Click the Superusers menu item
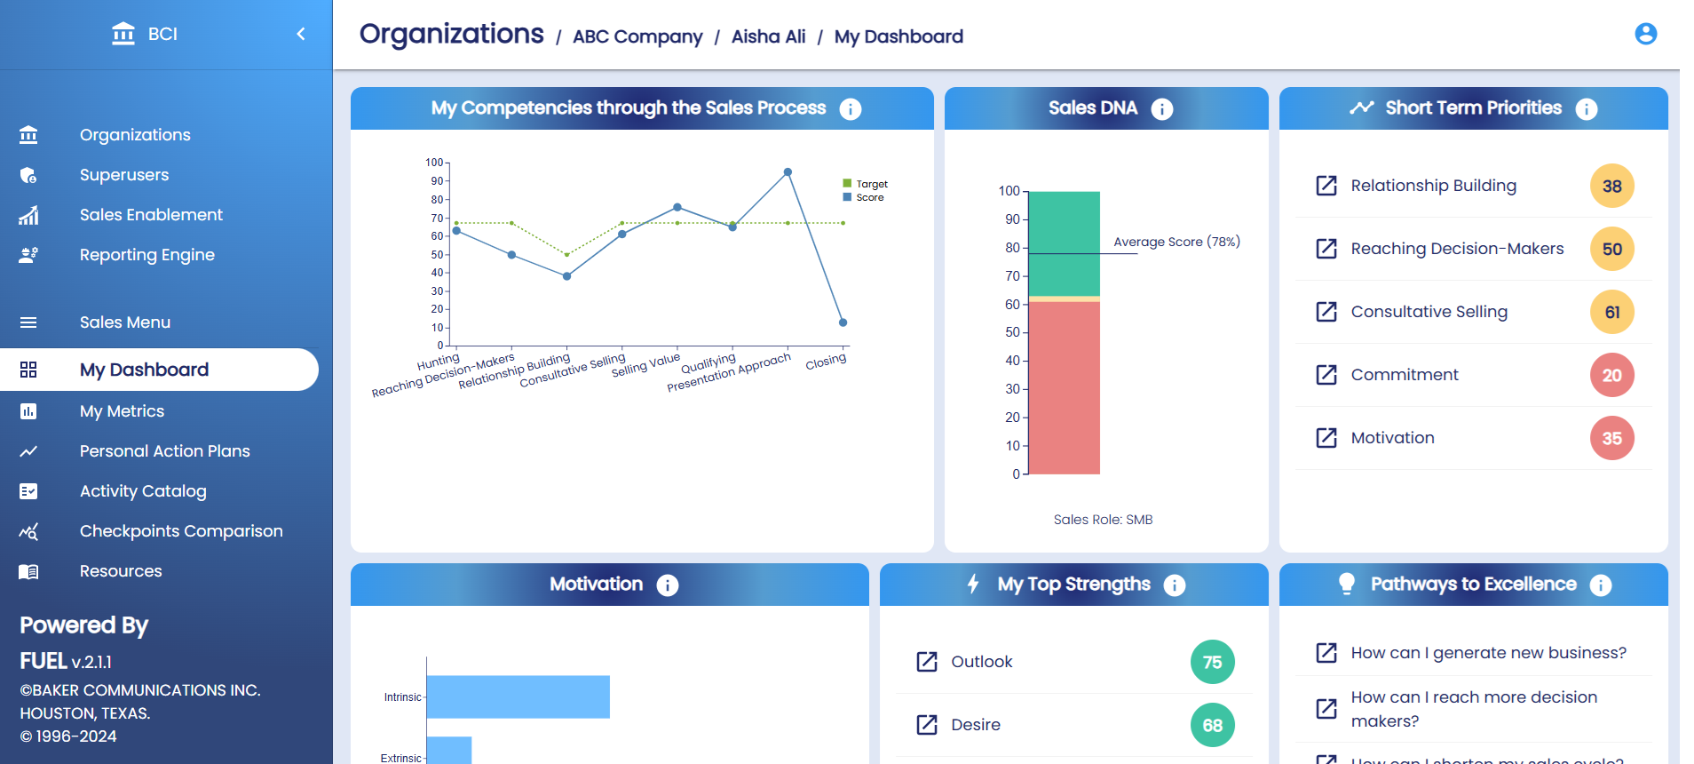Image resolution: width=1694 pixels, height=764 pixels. (123, 175)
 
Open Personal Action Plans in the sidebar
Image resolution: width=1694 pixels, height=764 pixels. (164, 451)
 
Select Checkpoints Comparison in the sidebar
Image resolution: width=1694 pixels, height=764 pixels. (180, 531)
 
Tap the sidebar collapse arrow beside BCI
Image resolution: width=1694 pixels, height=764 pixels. (301, 34)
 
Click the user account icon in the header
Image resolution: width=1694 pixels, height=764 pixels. (1645, 34)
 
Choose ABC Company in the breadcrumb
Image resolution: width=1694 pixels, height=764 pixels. (637, 36)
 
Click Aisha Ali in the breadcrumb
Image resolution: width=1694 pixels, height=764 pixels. (768, 36)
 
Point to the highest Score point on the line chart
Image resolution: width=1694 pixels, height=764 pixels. (788, 172)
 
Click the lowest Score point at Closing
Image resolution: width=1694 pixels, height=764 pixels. (843, 322)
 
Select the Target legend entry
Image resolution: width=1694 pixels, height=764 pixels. (866, 184)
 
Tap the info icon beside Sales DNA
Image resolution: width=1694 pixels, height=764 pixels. (1161, 108)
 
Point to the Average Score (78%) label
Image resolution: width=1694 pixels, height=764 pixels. (1176, 242)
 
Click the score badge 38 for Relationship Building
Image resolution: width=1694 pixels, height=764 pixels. (1611, 186)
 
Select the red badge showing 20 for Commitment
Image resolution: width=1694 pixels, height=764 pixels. (1611, 375)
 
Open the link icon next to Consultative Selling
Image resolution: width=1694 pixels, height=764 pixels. (1326, 312)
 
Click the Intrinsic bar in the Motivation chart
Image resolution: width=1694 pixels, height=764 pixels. (518, 696)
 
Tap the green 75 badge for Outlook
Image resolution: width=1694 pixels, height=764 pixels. (1212, 662)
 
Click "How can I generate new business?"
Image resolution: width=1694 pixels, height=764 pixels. (1488, 653)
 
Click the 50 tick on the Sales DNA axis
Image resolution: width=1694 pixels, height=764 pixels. (1013, 332)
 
